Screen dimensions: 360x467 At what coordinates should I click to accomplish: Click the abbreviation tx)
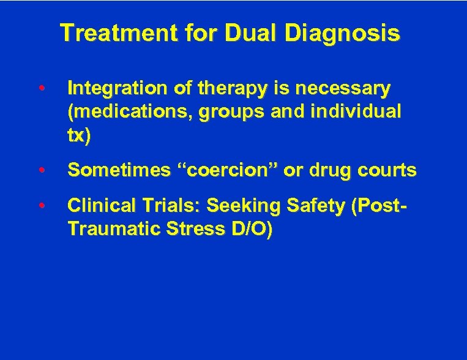[x=80, y=135]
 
